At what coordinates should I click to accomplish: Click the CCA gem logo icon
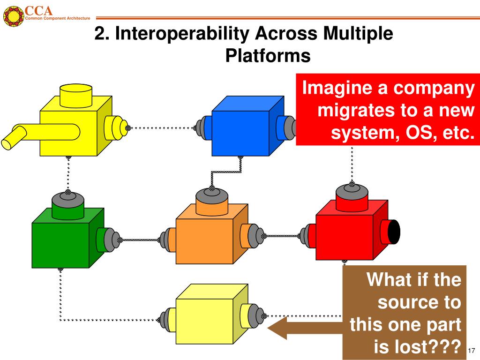[14, 15]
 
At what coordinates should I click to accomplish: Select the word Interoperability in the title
[182, 33]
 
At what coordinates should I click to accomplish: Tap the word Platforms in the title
[268, 56]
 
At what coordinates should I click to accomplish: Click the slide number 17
[472, 351]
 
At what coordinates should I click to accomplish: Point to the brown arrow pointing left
[305, 328]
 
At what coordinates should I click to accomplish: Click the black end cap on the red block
[394, 232]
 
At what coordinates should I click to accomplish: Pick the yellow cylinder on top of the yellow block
[76, 96]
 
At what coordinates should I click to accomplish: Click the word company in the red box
[434, 88]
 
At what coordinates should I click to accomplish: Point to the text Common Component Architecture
[58, 18]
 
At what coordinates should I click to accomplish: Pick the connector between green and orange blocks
[140, 240]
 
